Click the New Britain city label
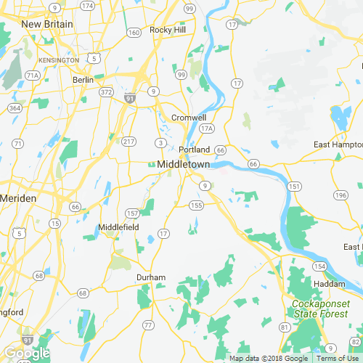(x=47, y=24)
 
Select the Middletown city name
(x=183, y=165)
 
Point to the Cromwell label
(x=189, y=118)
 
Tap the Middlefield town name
(x=118, y=227)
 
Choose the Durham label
(x=151, y=277)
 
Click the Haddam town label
(x=329, y=283)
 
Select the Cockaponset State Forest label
(x=320, y=308)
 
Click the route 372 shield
(x=106, y=92)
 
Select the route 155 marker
(x=196, y=205)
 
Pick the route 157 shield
(x=132, y=213)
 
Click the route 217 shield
(x=129, y=141)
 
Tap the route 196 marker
(x=340, y=195)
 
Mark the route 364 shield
(x=15, y=108)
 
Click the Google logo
(x=27, y=353)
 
